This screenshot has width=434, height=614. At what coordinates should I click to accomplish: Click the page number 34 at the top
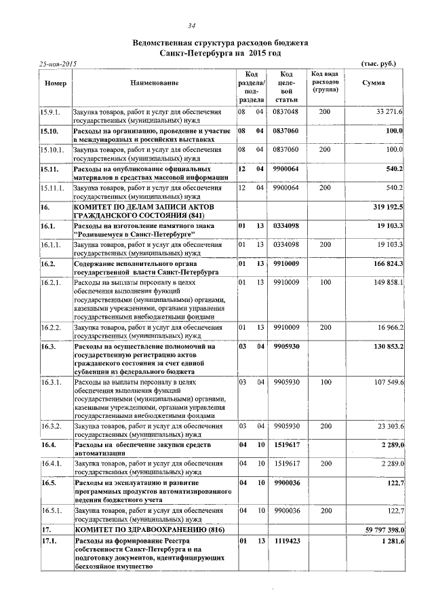pos(216,26)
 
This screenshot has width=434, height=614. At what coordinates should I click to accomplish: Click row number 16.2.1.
pos(52,282)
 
